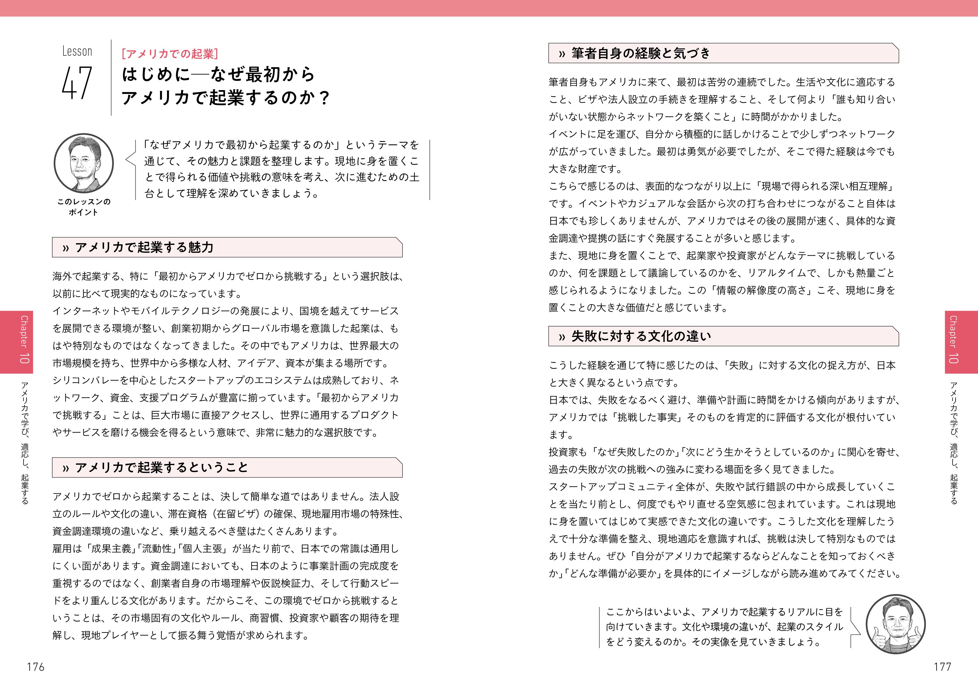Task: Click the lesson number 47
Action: click(77, 83)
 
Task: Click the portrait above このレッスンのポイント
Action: click(84, 163)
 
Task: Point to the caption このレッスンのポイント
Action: click(84, 207)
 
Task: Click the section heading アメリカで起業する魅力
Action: click(144, 247)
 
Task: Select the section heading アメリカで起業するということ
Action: click(161, 468)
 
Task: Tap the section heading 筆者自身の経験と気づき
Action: click(641, 53)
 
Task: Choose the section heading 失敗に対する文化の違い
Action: click(641, 336)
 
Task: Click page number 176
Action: click(36, 667)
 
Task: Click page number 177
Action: click(942, 667)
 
